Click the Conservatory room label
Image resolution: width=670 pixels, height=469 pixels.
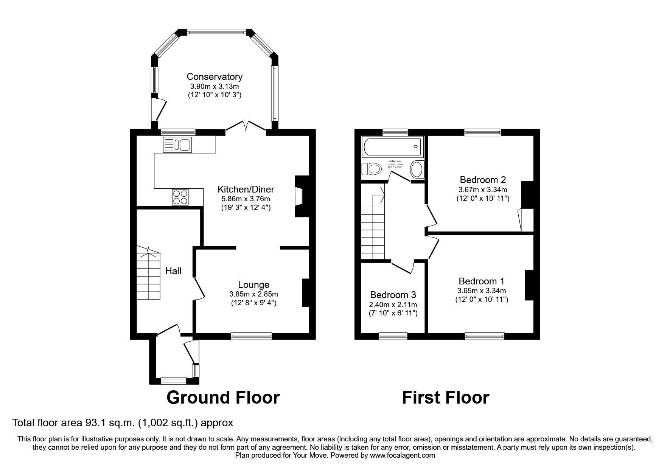coord(215,77)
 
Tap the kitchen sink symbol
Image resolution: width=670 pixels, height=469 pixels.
coord(177,144)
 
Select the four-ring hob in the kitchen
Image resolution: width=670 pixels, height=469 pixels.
coord(180,197)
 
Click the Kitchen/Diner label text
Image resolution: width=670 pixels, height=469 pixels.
coord(246,189)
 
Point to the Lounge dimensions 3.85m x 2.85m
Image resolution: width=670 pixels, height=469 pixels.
coord(253,294)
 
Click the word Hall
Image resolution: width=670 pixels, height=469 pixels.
coord(173,271)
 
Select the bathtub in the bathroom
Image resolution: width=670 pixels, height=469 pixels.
coord(392,147)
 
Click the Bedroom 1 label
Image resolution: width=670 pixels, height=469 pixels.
coord(481,281)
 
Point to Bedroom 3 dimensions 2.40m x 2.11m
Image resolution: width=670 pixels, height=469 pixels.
coord(393,304)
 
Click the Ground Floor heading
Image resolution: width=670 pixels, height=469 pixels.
coord(223,398)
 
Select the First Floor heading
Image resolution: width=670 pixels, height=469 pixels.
coord(445,398)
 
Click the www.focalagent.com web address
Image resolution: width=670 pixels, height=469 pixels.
coord(402,455)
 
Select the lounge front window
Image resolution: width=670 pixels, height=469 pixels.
coord(251,335)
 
